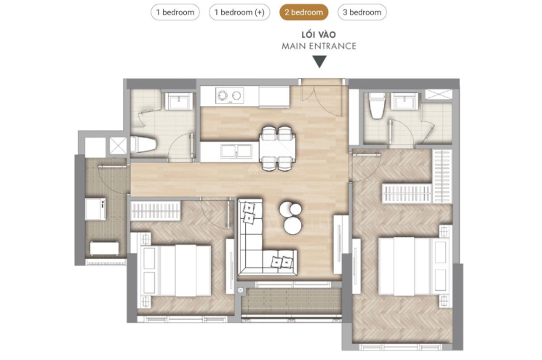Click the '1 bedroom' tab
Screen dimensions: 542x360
[x=175, y=12]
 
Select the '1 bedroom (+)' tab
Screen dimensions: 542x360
[x=239, y=12]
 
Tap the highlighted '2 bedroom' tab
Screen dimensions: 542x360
[x=304, y=12]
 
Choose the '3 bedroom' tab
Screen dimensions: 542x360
[x=362, y=12]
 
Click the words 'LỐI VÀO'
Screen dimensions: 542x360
[x=319, y=35]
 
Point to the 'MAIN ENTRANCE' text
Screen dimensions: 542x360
[x=319, y=46]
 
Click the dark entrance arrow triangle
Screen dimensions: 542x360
[x=319, y=62]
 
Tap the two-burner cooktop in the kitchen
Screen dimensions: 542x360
[x=229, y=95]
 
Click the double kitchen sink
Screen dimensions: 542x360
[x=236, y=151]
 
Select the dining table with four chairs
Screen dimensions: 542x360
[x=278, y=148]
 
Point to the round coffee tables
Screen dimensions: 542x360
[x=290, y=217]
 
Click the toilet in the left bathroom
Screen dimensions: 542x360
[x=143, y=145]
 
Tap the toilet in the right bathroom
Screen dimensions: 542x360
[x=377, y=105]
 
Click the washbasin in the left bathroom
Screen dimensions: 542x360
[x=178, y=101]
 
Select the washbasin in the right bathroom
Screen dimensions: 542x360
[x=404, y=101]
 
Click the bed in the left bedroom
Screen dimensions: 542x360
[x=174, y=271]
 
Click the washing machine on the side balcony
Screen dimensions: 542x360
[x=95, y=208]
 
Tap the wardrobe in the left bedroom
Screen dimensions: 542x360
[x=156, y=211]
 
